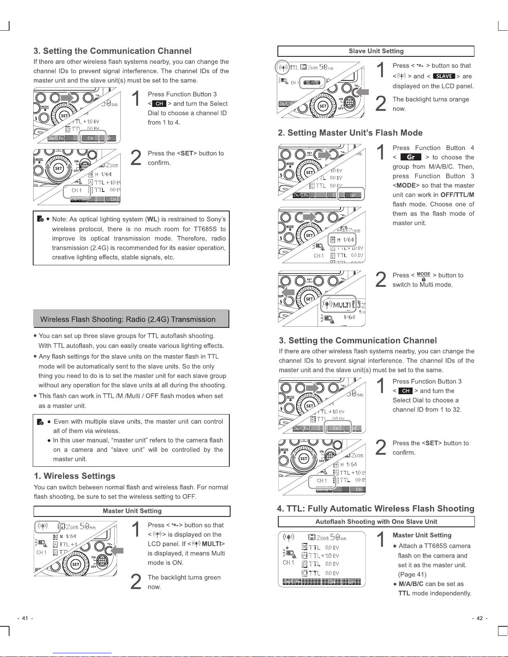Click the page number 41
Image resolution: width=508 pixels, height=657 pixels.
25,618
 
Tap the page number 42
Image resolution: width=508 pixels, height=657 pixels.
479,618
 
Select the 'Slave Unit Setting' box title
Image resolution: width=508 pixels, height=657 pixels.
376,51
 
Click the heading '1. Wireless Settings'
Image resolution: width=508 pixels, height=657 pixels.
75,476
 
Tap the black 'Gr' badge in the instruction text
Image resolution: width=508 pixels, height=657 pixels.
411,157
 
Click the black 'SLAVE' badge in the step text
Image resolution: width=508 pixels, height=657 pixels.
444,76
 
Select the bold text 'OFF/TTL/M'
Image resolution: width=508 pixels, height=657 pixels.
457,195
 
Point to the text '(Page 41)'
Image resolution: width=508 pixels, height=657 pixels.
412,575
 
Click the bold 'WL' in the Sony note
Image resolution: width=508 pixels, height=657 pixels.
152,219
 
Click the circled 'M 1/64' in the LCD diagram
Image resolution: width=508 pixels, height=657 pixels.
342,240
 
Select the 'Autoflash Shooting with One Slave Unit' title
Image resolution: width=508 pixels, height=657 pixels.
376,522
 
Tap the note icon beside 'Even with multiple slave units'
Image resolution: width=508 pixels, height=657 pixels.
40,422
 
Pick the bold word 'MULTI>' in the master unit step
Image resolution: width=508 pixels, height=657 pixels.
213,544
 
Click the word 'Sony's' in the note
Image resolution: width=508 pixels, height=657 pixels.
216,219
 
